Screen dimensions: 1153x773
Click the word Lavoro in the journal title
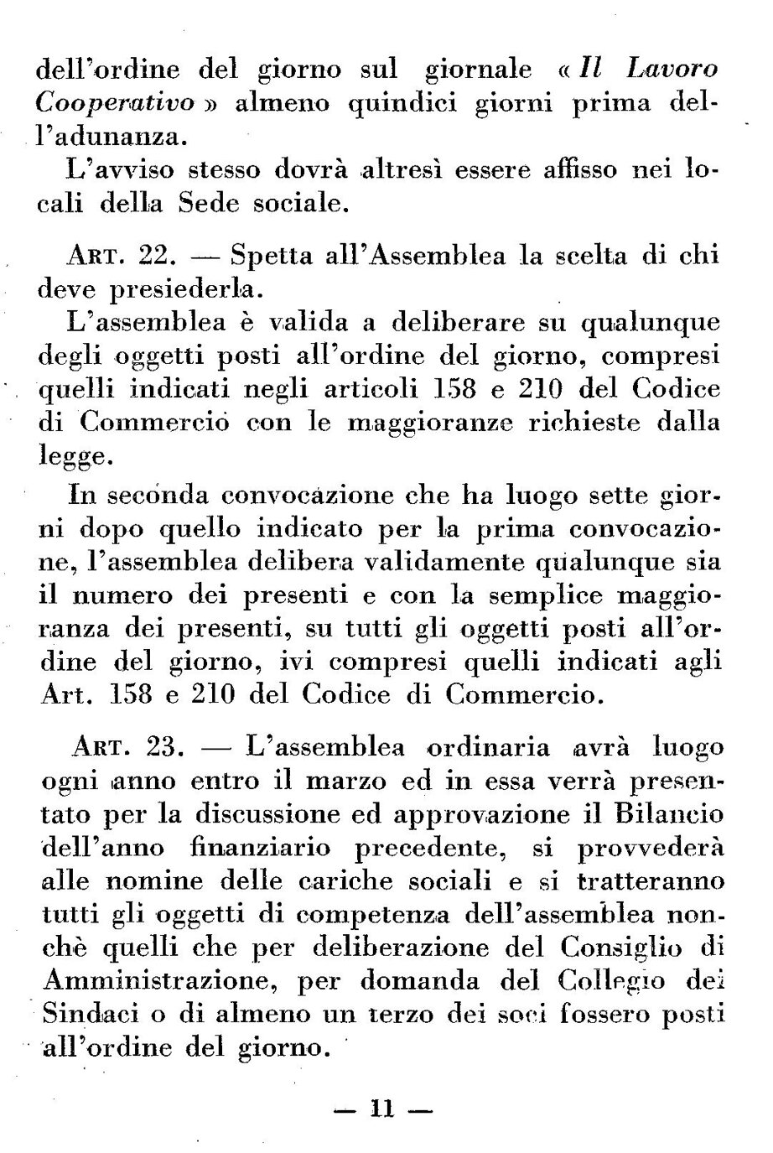(x=667, y=69)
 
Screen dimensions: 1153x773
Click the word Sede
(x=229, y=203)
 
